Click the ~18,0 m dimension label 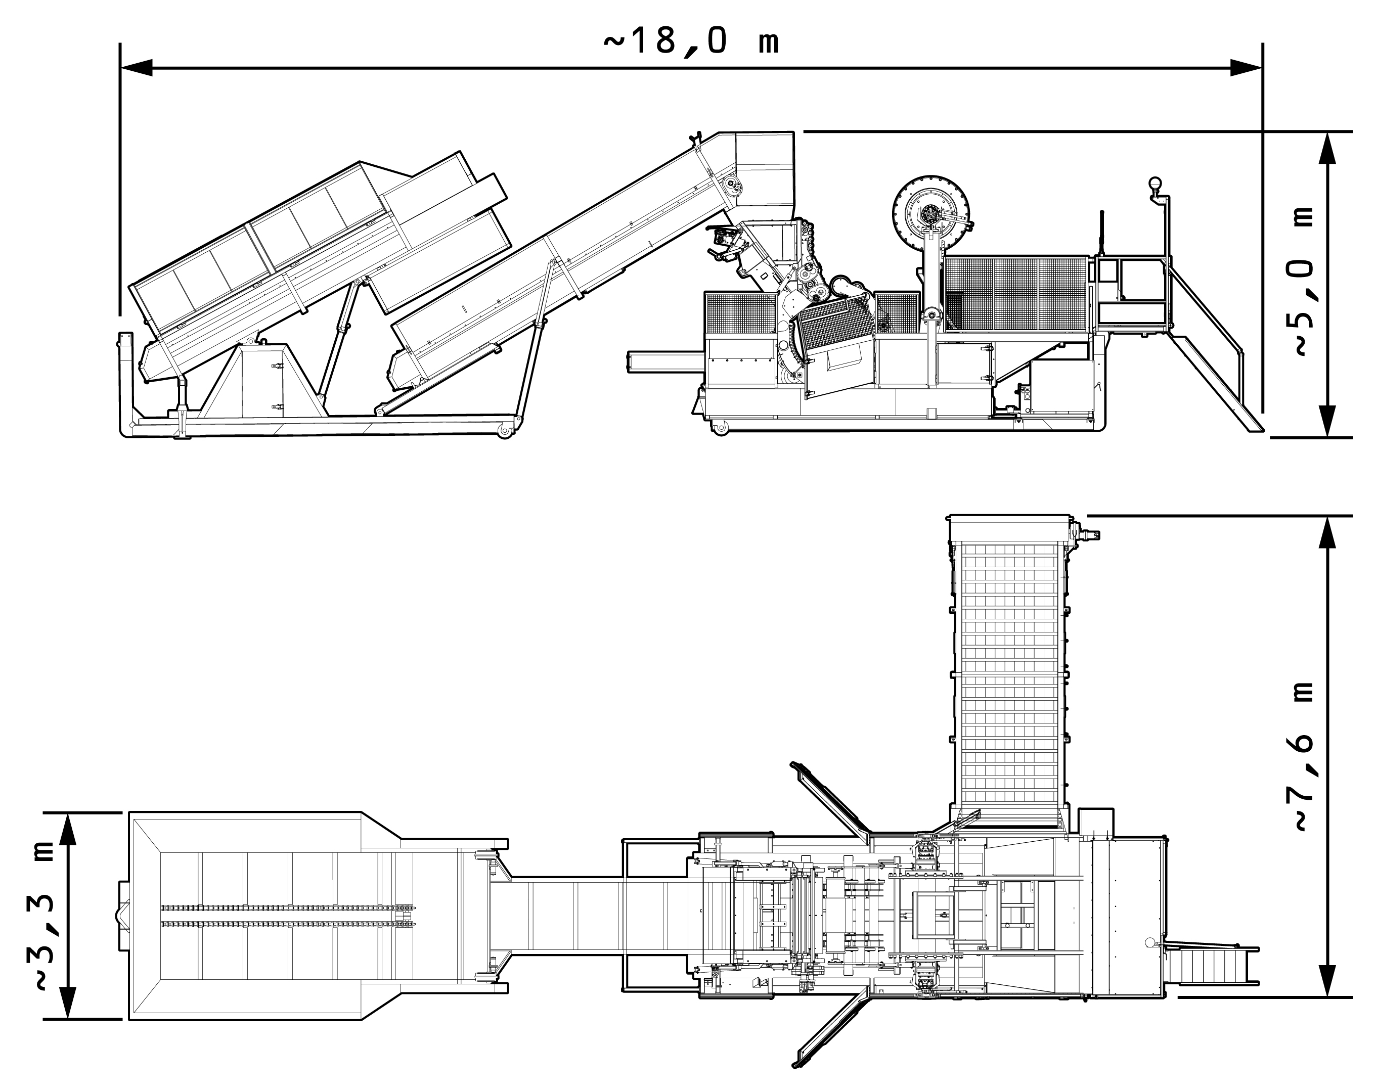click(691, 42)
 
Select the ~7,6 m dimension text click(1304, 757)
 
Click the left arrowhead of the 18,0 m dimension click(136, 68)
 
